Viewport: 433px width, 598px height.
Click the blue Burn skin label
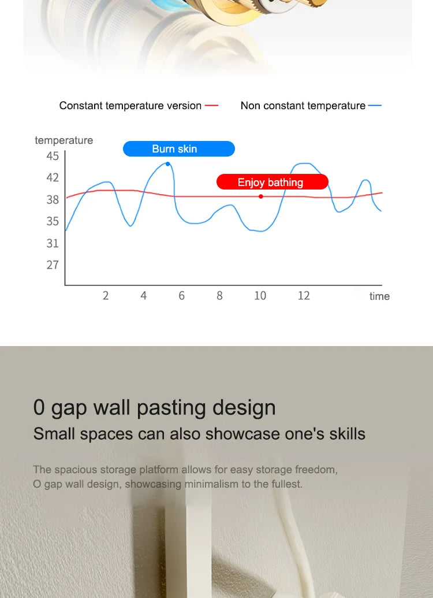(x=179, y=148)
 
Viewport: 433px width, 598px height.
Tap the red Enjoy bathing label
(x=272, y=182)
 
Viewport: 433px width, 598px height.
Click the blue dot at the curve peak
(x=167, y=164)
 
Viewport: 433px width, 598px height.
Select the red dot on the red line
(x=261, y=196)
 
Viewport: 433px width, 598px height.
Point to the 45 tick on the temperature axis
(x=53, y=156)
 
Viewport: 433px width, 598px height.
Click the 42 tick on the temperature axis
(x=53, y=178)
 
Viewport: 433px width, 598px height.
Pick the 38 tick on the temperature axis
(x=53, y=200)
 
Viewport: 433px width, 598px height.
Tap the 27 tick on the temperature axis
(x=53, y=265)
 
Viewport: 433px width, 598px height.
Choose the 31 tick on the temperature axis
(x=53, y=243)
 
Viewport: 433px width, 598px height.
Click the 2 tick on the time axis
(x=106, y=296)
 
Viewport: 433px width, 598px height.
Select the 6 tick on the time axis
(x=181, y=296)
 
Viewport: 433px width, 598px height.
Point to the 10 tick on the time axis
(x=260, y=296)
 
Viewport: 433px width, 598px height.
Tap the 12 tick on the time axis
(x=304, y=296)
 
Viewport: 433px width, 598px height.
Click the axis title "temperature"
(x=64, y=140)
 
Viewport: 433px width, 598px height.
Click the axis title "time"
(x=379, y=296)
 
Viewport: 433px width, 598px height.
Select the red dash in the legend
(x=211, y=106)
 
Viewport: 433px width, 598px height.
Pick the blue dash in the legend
(x=375, y=106)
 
